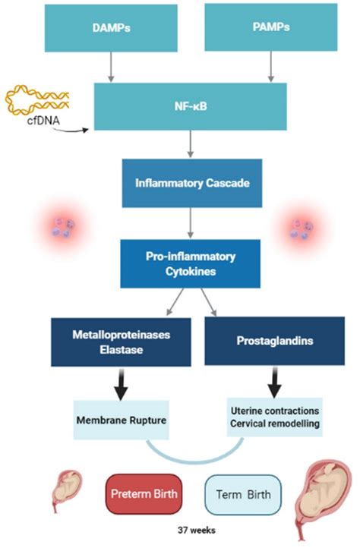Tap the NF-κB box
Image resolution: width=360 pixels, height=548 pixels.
point(190,107)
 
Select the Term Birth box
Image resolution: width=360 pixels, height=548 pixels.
point(244,494)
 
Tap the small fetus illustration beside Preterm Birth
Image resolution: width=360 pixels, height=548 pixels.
point(66,490)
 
